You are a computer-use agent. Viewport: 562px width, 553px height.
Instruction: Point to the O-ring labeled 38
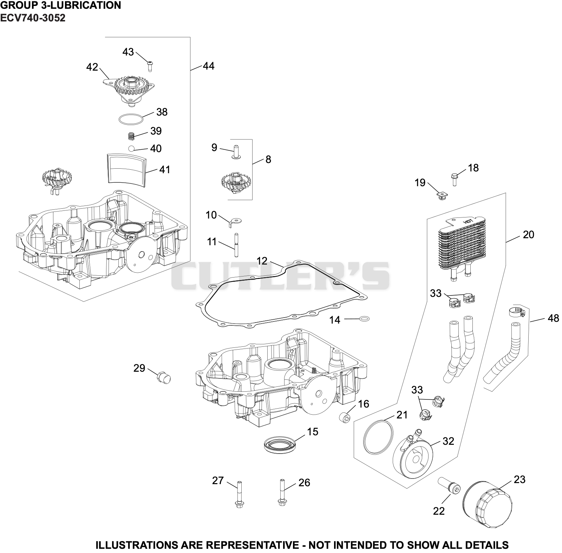[x=131, y=119]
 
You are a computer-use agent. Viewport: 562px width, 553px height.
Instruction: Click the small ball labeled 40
[x=132, y=148]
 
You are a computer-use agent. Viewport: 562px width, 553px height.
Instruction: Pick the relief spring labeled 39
[x=131, y=135]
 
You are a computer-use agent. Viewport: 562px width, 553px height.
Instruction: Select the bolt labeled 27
[x=239, y=494]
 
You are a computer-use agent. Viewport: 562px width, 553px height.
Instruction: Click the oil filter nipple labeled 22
[x=450, y=486]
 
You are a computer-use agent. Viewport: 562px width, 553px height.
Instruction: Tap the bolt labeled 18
[x=454, y=179]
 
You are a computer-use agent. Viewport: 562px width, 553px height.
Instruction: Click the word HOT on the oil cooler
[x=468, y=222]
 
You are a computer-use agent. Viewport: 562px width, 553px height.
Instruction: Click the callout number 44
[x=209, y=66]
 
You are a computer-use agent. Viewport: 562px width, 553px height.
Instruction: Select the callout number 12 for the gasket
[x=262, y=261]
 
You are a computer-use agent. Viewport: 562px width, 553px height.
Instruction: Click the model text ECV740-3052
[x=33, y=18]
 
